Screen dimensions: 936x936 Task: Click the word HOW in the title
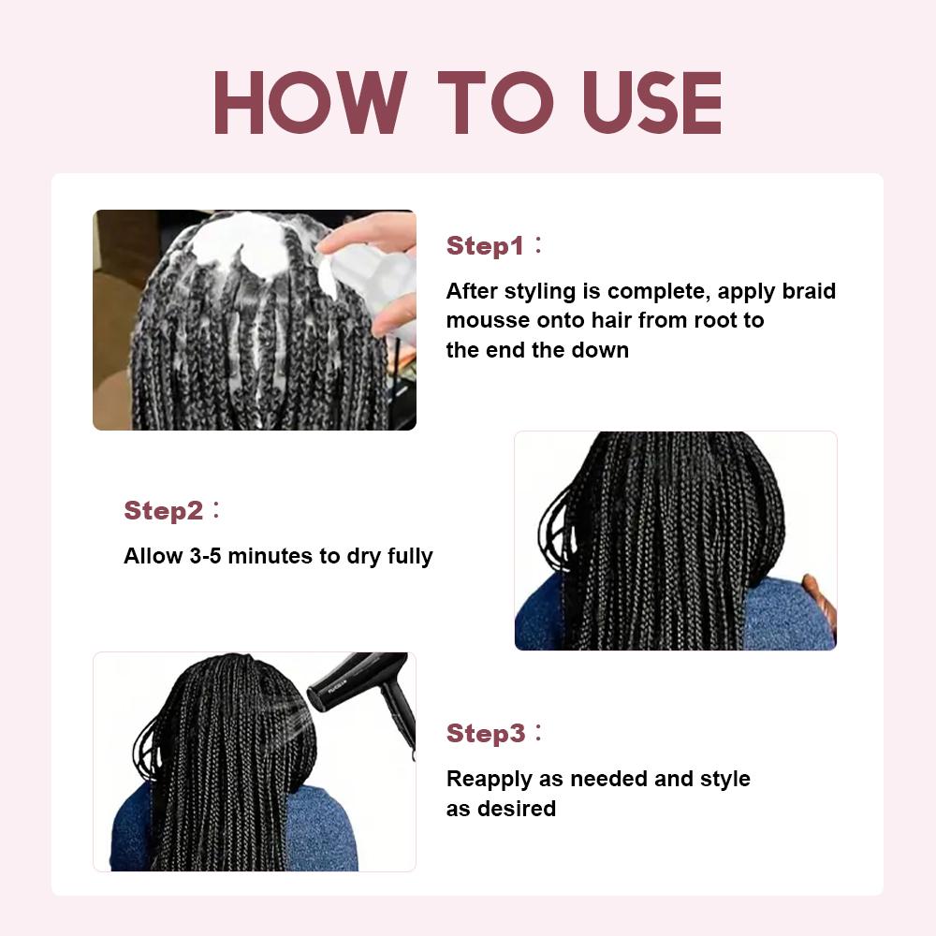pos(311,103)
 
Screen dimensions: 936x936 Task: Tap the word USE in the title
pos(652,103)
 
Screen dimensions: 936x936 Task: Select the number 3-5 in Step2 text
pos(205,556)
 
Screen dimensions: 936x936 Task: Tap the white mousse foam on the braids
pos(239,243)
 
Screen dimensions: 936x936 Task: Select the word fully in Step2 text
pos(410,556)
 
